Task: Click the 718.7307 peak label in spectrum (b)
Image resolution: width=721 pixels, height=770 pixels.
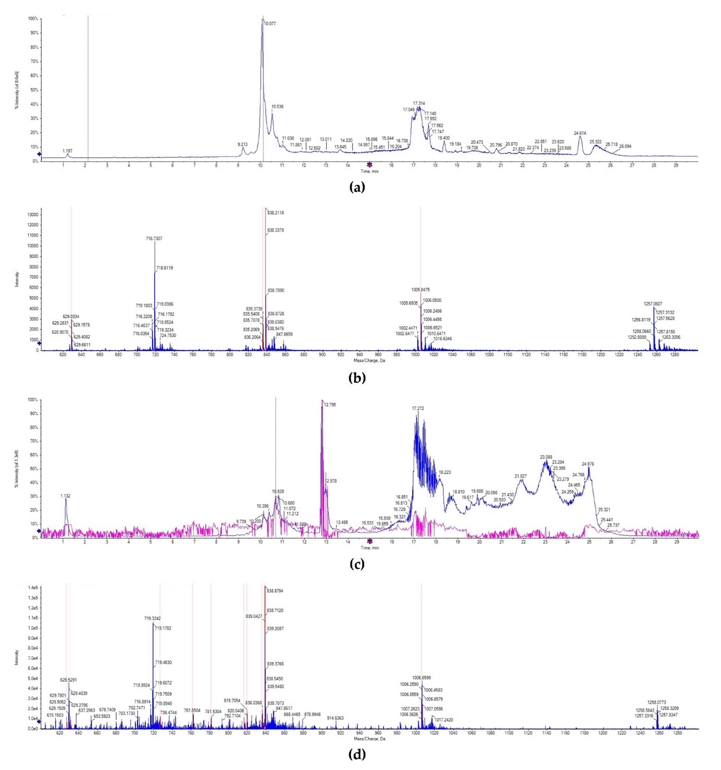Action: pos(154,239)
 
